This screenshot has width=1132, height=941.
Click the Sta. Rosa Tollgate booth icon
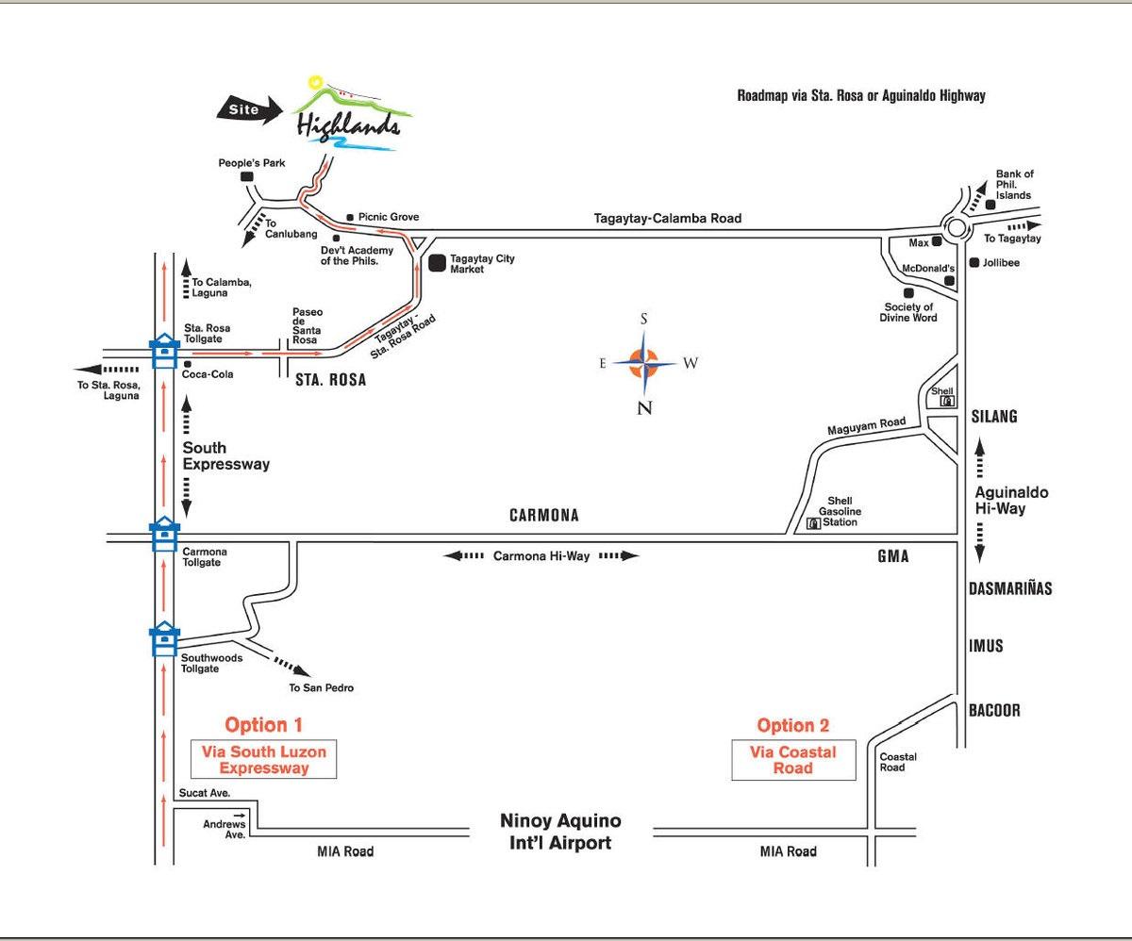pyautogui.click(x=165, y=352)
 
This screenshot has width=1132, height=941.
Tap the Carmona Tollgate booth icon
pyautogui.click(x=165, y=534)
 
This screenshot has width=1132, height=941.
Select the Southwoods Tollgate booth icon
pyautogui.click(x=165, y=638)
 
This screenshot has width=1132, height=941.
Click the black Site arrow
pyautogui.click(x=249, y=110)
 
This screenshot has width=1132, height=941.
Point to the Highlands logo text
pyautogui.click(x=349, y=125)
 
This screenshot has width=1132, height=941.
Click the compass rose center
pyautogui.click(x=644, y=363)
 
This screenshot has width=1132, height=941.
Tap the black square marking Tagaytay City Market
pyautogui.click(x=437, y=263)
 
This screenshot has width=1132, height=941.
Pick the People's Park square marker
pyautogui.click(x=246, y=176)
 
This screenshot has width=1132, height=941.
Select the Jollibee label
pyautogui.click(x=1001, y=263)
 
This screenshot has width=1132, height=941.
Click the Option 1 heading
pyautogui.click(x=263, y=725)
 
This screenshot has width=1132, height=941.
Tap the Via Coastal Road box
pyautogui.click(x=793, y=760)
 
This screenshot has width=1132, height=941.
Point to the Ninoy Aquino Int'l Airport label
pyautogui.click(x=560, y=832)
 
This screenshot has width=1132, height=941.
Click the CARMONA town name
pyautogui.click(x=543, y=515)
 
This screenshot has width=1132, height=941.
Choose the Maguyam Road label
pyautogui.click(x=866, y=425)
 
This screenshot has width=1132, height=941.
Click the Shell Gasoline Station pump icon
pyautogui.click(x=813, y=523)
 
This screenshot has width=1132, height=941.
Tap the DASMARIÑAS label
pyautogui.click(x=1010, y=588)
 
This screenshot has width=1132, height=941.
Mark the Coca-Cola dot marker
pyautogui.click(x=188, y=364)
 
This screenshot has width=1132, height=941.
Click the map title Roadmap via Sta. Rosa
pyautogui.click(x=861, y=96)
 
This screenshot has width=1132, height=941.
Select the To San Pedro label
pyautogui.click(x=321, y=688)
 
